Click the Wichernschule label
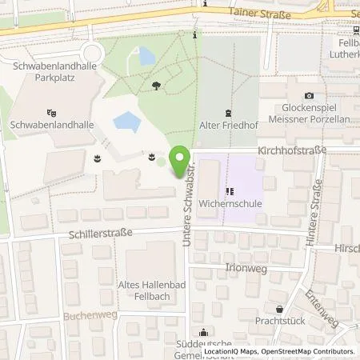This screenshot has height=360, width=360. [230, 203]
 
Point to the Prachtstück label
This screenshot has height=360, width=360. [278, 321]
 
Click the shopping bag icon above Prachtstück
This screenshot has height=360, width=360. [278, 309]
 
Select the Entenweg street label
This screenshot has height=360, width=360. [322, 309]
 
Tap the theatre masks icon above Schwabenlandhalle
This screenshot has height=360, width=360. [53, 112]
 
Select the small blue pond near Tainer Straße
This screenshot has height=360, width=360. [146, 56]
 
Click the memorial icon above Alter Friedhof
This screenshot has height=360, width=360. [228, 112]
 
